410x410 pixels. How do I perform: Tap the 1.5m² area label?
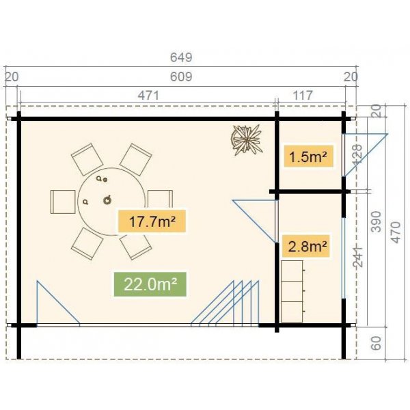tap(307, 157)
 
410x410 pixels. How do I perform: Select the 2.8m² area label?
tap(307, 245)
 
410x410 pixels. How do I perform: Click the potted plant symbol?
tap(246, 139)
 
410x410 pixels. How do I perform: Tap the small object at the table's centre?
tap(107, 200)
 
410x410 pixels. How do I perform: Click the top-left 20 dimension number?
tap(11, 77)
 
